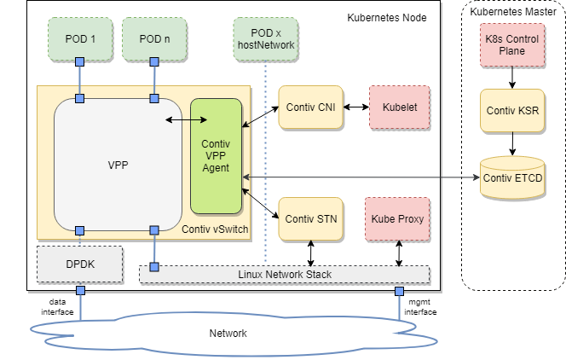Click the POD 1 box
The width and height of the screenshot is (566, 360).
tap(81, 38)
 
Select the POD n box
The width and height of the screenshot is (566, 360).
tap(155, 38)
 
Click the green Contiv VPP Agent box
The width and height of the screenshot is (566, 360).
tap(216, 156)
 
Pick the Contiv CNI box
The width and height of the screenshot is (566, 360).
tap(310, 107)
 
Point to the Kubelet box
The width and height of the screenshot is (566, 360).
tap(397, 107)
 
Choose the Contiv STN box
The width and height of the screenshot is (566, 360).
tap(310, 219)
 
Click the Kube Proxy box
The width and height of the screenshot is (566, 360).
tap(397, 219)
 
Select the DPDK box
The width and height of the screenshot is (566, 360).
tap(80, 264)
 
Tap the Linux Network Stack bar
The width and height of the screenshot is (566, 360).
tap(285, 274)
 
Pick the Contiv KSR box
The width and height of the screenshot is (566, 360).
tap(511, 111)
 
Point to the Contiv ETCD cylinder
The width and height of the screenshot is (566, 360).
tap(511, 177)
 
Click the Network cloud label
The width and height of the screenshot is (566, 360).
tap(228, 333)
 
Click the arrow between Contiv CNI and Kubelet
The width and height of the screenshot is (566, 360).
tap(355, 107)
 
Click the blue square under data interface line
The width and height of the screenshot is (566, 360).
tap(81, 292)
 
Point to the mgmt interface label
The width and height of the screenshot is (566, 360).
tap(419, 307)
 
